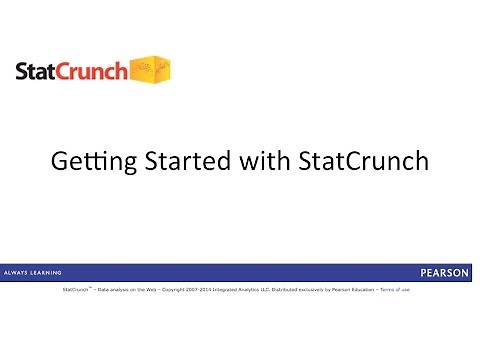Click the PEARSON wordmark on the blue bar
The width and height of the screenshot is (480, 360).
pyautogui.click(x=446, y=272)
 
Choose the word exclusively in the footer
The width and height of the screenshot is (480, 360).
pyautogui.click(x=327, y=289)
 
